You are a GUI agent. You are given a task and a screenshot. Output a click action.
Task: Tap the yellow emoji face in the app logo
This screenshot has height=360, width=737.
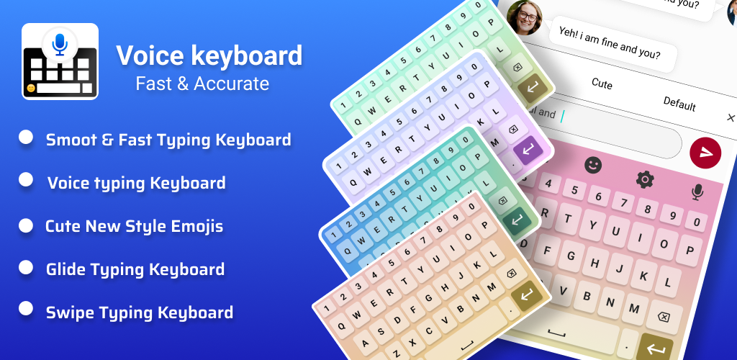click(31, 88)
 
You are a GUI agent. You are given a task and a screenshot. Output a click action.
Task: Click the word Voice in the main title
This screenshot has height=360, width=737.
click(150, 55)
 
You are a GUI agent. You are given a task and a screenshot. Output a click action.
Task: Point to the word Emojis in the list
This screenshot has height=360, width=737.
click(197, 227)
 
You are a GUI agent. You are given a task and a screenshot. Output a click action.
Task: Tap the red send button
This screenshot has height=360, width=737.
click(705, 153)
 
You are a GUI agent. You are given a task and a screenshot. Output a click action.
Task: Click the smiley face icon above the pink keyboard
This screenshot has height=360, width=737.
click(593, 164)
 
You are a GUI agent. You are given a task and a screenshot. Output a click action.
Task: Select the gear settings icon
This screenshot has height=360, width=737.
click(645, 179)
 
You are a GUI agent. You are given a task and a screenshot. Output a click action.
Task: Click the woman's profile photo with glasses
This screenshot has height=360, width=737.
click(524, 17)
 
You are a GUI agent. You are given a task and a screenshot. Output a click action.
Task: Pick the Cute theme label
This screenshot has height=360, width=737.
click(602, 84)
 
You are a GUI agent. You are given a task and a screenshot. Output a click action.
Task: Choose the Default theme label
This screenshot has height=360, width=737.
click(679, 104)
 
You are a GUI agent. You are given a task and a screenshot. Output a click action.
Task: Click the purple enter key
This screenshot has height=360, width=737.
click(528, 151)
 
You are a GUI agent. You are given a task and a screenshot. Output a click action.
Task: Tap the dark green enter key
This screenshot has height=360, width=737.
click(517, 220)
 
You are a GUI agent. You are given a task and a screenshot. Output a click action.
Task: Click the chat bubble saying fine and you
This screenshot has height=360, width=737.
click(612, 42)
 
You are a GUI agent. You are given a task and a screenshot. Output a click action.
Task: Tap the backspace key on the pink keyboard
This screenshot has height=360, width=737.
click(664, 318)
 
